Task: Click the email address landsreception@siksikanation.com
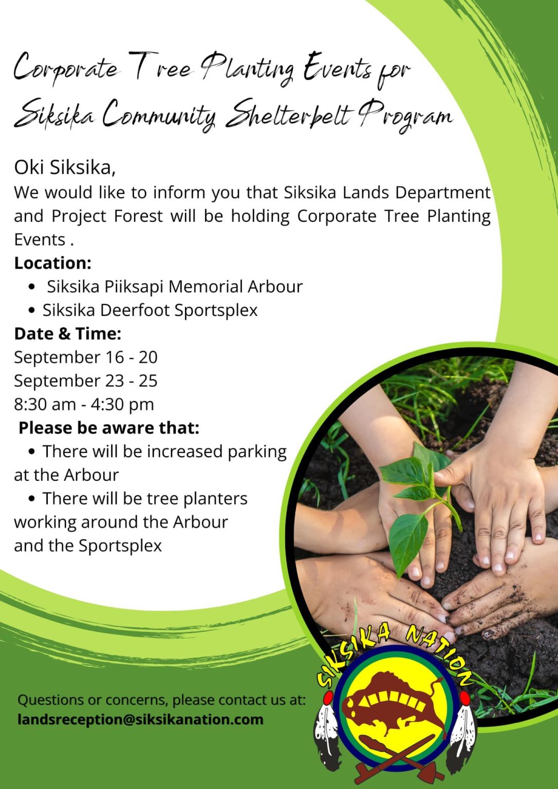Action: (x=140, y=719)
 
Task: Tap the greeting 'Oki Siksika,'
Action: (x=65, y=167)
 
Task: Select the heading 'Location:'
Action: (x=52, y=263)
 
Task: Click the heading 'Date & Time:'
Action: (x=67, y=334)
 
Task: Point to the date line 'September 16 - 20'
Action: (x=85, y=357)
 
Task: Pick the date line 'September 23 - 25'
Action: (x=85, y=381)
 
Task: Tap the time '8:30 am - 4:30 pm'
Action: (x=84, y=404)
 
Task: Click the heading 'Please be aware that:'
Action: (x=109, y=428)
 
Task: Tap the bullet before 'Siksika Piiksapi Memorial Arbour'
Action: (x=32, y=287)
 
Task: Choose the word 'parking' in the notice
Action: (x=257, y=452)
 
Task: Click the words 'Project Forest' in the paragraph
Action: (x=107, y=216)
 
